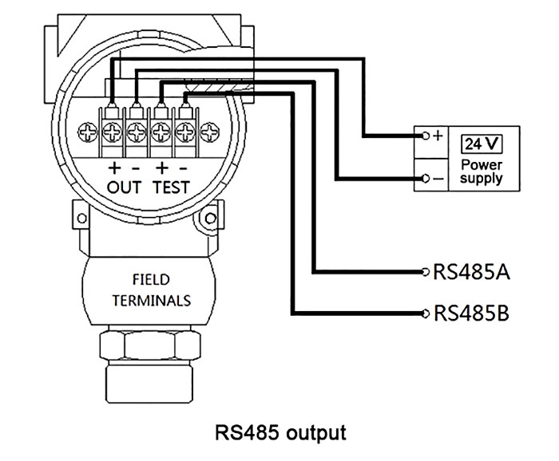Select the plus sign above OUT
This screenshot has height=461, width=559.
pyautogui.click(x=113, y=168)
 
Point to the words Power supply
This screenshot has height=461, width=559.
pyautogui.click(x=482, y=171)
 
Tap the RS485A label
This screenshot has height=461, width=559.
pyautogui.click(x=470, y=272)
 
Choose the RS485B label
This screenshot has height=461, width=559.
pyautogui.click(x=470, y=312)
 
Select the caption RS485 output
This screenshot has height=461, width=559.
pyautogui.click(x=281, y=433)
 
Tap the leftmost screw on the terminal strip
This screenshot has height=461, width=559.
pyautogui.click(x=87, y=129)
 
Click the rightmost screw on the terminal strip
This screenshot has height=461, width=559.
pyautogui.click(x=210, y=129)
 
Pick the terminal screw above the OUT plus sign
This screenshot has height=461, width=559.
pyautogui.click(x=112, y=129)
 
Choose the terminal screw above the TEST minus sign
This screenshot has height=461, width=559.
pyautogui.click(x=185, y=129)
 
